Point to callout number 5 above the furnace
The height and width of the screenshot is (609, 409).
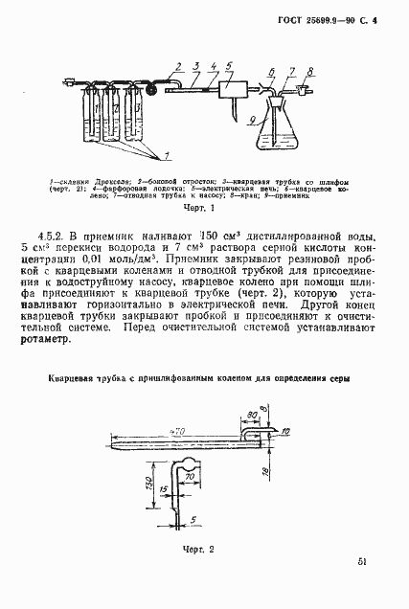(230, 64)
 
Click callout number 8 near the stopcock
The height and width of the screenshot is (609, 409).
(310, 70)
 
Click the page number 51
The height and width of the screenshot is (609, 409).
(358, 563)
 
